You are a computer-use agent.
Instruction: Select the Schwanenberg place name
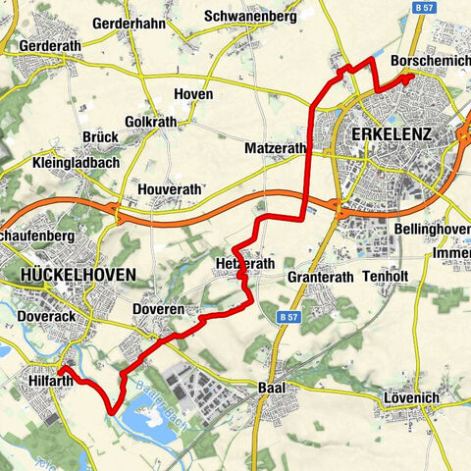(250, 17)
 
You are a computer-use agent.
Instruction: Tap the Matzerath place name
(274, 149)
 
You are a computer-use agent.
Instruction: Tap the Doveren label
(157, 309)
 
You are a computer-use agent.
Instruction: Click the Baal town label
(271, 387)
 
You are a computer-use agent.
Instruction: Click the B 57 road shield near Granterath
(287, 318)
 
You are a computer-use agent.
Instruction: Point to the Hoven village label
(192, 93)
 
